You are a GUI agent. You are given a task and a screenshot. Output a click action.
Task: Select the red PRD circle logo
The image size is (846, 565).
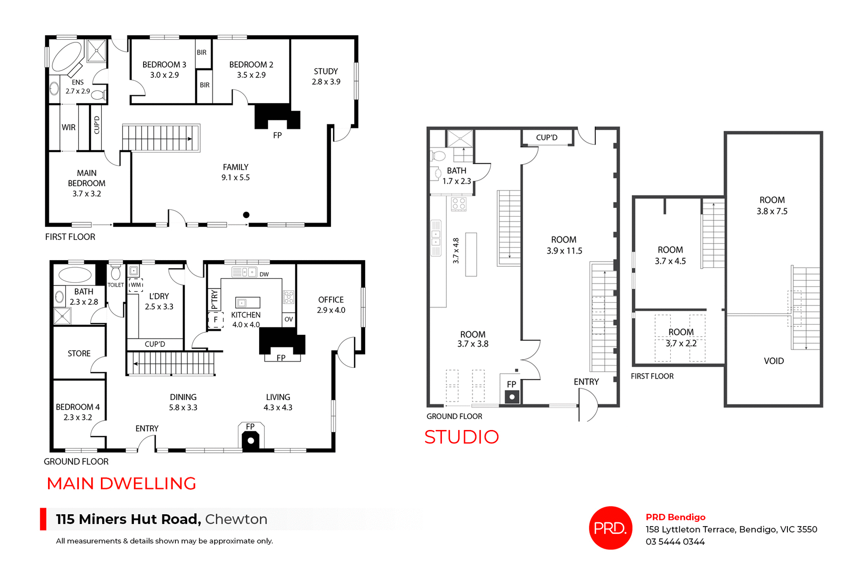pyautogui.click(x=610, y=528)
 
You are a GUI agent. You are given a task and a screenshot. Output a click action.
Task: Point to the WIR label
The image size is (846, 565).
pyautogui.click(x=68, y=127)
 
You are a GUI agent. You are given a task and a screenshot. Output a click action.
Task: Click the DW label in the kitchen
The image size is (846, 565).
pyautogui.click(x=264, y=274)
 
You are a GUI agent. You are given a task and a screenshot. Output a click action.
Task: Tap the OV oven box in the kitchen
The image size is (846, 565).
pyautogui.click(x=289, y=319)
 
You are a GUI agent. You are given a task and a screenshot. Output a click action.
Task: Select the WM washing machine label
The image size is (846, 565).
pyautogui.click(x=136, y=285)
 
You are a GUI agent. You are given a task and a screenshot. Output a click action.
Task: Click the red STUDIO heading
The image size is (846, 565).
pyautogui.click(x=461, y=437)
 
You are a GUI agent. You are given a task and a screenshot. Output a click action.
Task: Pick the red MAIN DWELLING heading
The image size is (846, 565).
pyautogui.click(x=121, y=483)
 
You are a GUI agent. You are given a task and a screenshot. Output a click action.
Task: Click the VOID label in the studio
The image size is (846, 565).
pyautogui.click(x=774, y=361)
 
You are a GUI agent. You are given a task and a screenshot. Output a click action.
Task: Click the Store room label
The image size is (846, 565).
pyautogui.click(x=79, y=353)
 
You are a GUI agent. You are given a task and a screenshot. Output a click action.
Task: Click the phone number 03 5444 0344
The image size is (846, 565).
pyautogui.click(x=675, y=542)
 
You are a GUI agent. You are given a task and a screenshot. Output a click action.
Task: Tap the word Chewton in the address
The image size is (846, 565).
pyautogui.click(x=236, y=519)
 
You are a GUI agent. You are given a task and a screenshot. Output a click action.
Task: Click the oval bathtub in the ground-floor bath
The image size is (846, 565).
pyautogui.click(x=75, y=274)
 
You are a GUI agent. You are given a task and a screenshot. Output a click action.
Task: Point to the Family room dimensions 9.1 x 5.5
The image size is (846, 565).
pyautogui.click(x=235, y=177)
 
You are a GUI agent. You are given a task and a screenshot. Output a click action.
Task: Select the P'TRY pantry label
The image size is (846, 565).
pyautogui.click(x=214, y=300)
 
